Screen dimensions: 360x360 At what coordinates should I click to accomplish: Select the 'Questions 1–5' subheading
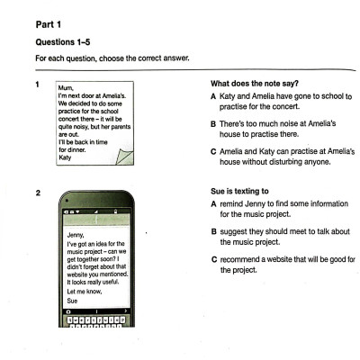click(64, 42)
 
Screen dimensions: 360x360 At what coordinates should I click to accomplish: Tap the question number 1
click(37, 84)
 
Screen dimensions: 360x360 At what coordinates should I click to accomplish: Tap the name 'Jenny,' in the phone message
click(77, 236)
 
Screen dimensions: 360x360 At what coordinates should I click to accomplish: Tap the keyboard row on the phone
click(99, 320)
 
